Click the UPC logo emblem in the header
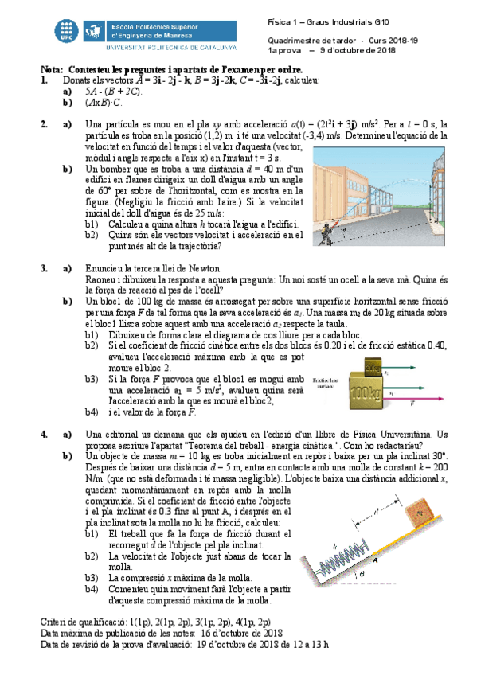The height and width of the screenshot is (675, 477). tap(68, 30)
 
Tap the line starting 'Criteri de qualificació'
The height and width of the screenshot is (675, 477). tap(155, 621)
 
